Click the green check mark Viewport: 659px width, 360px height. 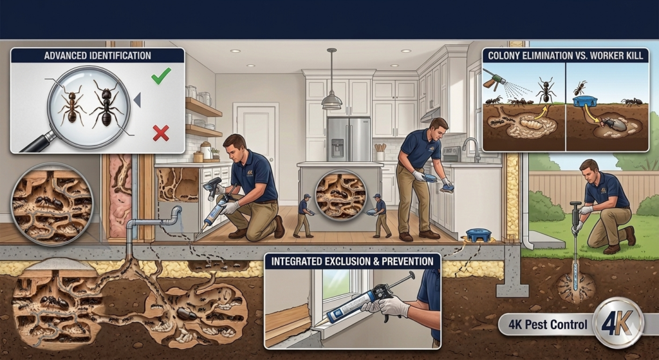pos(161,76)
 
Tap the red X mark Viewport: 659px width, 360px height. pos(161,133)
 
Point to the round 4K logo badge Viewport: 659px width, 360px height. pos(618,323)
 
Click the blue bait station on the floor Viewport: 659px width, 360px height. pos(479,234)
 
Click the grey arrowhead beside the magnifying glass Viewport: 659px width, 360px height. pos(137,100)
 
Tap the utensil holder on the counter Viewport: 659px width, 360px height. pos(380,153)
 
